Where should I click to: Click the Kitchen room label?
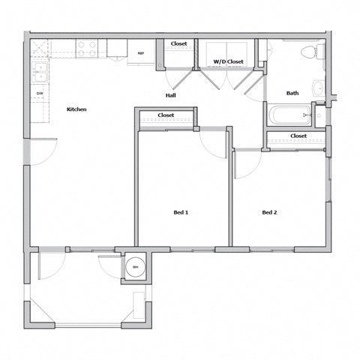(76, 109)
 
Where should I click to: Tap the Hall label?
(171, 95)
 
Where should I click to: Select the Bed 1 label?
(181, 212)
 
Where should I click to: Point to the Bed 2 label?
(269, 212)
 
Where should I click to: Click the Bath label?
(292, 93)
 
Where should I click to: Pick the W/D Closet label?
(229, 61)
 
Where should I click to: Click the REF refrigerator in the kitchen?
(140, 52)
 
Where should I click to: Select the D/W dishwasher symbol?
(40, 93)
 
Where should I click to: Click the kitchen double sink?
(40, 72)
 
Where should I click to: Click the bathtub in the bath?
(289, 115)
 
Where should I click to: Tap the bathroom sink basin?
(318, 88)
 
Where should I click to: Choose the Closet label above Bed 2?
(298, 136)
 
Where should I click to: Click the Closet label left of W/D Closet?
(178, 44)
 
